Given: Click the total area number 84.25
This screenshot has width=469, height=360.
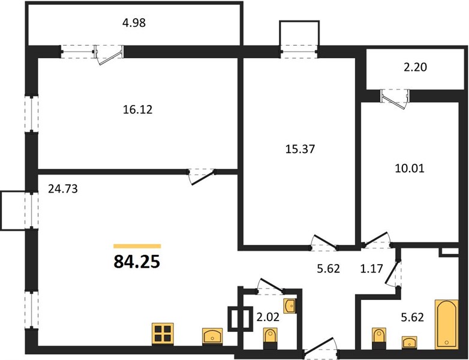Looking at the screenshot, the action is coord(137,262).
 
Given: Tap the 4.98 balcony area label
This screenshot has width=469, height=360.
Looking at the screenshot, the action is coord(134,23).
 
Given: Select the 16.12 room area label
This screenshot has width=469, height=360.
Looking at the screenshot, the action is coord(137,110).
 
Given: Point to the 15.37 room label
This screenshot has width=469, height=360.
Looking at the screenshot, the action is coord(300,149).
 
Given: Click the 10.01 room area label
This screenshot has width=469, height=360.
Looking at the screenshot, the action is coord(410,169).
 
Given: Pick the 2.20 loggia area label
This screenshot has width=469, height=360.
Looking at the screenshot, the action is coord(415,67).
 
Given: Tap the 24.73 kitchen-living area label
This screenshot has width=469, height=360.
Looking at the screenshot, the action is coord(63,189).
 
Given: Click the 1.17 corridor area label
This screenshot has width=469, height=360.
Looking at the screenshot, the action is coord(371,268).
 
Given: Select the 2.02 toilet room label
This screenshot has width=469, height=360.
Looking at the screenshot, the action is coord(268,317).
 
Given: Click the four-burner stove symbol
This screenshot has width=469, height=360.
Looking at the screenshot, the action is coord(163,334).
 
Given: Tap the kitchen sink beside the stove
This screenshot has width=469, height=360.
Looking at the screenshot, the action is coord(212,336).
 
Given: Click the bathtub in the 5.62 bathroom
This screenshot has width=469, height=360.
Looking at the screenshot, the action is coord(447,324).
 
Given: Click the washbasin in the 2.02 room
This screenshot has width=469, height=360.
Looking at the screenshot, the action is coord(290,306).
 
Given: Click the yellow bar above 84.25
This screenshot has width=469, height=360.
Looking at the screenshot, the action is coord(137,246).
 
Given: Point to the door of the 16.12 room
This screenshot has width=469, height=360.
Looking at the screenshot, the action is coord(202,177).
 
